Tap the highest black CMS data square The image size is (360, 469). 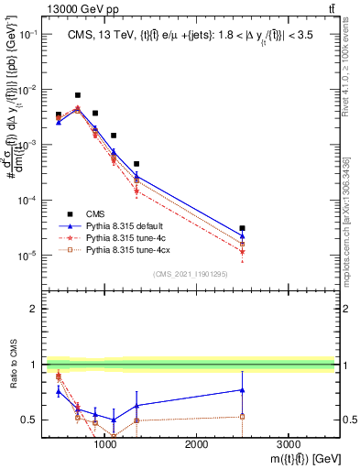tap(78, 95)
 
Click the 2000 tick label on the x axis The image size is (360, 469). tap(196, 443)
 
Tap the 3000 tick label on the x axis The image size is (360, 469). tap(287, 443)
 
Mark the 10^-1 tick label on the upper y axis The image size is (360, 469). tap(27, 34)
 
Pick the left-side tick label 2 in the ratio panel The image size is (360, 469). tap(32, 309)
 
